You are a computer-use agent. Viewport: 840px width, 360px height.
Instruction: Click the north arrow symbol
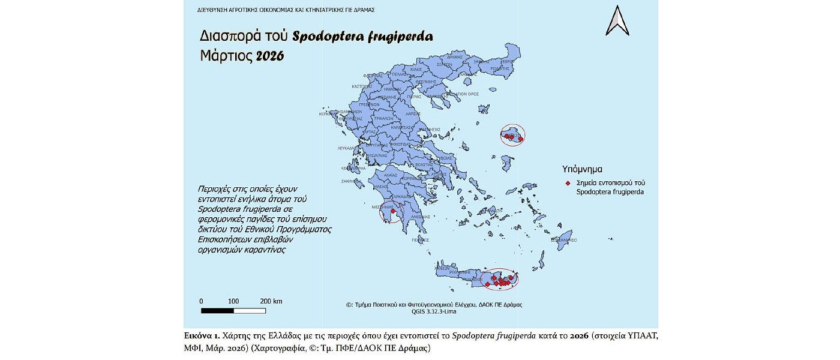tap(617, 20)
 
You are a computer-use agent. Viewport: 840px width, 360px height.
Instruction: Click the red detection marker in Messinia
tap(393, 211)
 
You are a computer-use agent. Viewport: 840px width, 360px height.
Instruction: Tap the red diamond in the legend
tap(568, 182)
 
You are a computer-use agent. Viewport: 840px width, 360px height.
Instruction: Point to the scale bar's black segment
tap(217, 310)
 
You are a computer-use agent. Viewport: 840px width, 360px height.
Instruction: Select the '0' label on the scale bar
tap(202, 301)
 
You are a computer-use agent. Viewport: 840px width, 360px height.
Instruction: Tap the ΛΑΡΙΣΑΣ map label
tap(412, 113)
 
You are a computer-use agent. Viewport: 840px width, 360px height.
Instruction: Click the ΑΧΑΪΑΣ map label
tap(391, 173)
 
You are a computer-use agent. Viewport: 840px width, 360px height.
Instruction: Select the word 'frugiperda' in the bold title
tap(400, 36)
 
